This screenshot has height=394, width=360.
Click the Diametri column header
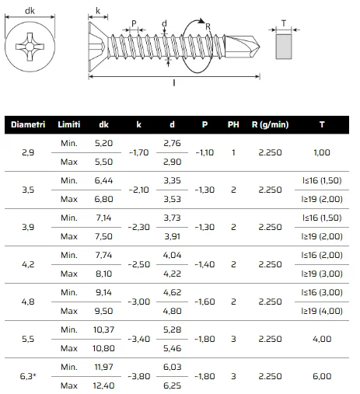(x=28, y=124)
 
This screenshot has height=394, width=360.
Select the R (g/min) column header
(x=270, y=125)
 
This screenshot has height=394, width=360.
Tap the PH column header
(x=233, y=124)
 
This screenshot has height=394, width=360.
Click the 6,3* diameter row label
(x=28, y=376)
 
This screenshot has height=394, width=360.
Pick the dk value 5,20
(x=103, y=143)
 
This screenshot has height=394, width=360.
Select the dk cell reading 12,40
(x=103, y=385)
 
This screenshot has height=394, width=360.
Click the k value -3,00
(x=139, y=302)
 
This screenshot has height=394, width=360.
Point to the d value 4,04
(x=172, y=255)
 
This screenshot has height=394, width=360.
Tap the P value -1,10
(x=204, y=152)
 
